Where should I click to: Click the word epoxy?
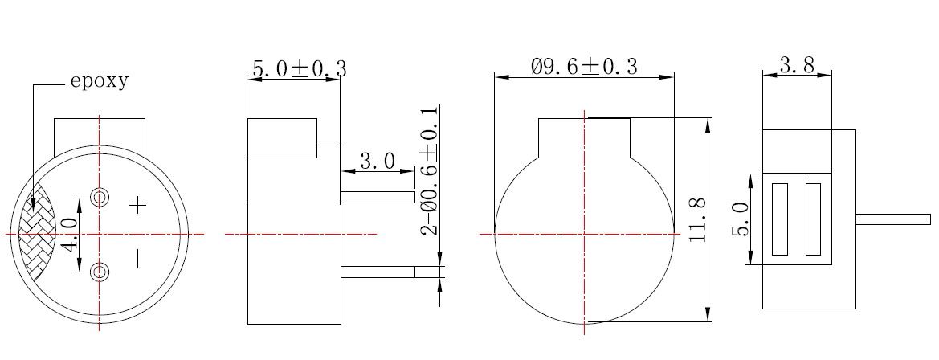point(100,81)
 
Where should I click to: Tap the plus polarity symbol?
point(137,206)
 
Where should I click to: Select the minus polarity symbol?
point(137,259)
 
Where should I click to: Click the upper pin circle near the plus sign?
point(100,196)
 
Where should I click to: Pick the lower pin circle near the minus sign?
point(100,272)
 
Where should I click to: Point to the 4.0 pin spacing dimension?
point(71,234)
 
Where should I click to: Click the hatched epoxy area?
point(36,233)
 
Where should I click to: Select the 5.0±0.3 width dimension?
point(300,68)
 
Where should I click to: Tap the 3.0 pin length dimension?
point(378,161)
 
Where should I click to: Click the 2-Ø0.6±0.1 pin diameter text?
point(430,170)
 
